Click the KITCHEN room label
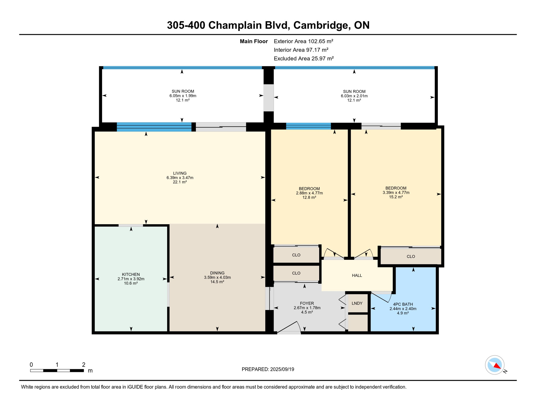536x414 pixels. tap(131, 274)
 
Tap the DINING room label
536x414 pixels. tap(217, 273)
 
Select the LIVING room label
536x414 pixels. tap(180, 173)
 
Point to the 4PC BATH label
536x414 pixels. tap(403, 304)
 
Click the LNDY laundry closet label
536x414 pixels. tap(357, 303)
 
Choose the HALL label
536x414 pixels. tap(357, 275)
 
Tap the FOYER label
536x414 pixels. tap(307, 303)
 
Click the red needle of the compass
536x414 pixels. tap(497, 366)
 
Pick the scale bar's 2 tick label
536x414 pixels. tap(84, 365)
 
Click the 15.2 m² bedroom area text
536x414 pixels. tap(396, 197)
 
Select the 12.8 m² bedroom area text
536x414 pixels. tap(309, 198)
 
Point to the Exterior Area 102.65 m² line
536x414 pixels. tap(303, 41)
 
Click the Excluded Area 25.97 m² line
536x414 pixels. tap(304, 58)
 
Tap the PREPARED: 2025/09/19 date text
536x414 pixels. tap(268, 369)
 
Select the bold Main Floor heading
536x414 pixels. tap(254, 41)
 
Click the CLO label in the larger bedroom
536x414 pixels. tap(411, 256)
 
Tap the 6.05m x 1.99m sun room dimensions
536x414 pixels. tap(183, 96)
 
